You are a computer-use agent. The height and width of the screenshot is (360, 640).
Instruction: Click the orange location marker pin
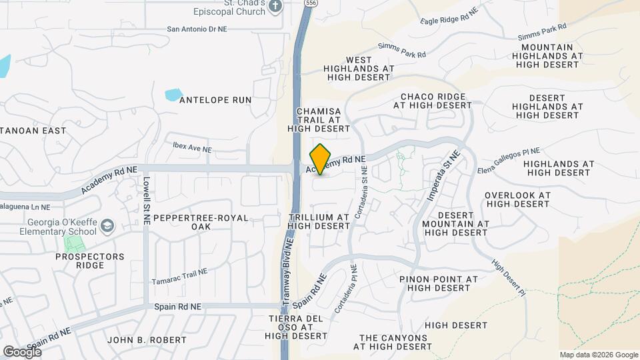321,159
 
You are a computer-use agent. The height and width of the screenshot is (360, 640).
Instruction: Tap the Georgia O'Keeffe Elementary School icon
107,227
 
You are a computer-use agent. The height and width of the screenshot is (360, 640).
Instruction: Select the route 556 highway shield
311,3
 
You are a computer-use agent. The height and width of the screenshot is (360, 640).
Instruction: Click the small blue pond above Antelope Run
173,94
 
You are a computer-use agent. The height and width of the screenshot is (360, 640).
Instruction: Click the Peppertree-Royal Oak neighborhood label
191,223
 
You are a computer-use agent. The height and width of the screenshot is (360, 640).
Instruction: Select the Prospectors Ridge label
94,261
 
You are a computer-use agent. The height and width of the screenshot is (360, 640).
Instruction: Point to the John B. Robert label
147,340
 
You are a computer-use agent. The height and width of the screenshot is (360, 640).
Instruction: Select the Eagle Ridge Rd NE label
451,17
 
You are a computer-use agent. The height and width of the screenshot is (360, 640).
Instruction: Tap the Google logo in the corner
22,351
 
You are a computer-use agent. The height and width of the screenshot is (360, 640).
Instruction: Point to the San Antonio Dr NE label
198,29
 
